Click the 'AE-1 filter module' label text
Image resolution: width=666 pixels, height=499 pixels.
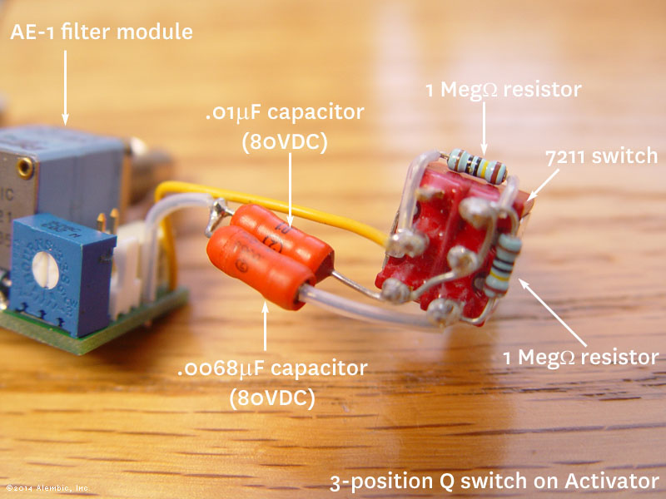pos(101,33)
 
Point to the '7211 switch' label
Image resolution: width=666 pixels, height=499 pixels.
pos(601,156)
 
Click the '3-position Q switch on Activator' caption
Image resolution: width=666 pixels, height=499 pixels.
pos(495,482)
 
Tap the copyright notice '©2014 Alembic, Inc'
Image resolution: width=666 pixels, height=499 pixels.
pos(47,488)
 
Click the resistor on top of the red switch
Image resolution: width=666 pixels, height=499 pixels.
pos(476,165)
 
